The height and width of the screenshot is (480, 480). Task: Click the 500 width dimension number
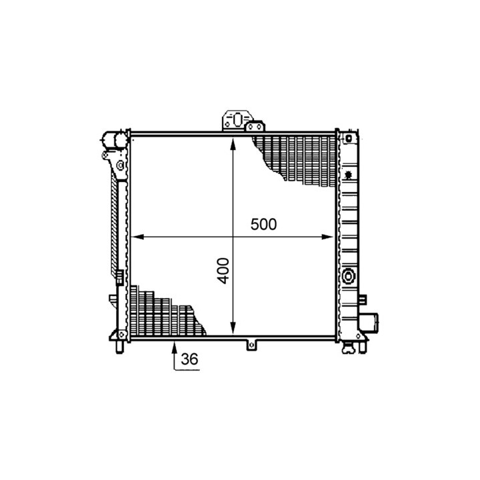[263, 224]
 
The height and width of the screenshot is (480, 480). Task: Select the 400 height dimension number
[224, 271]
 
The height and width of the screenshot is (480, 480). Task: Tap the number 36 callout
[189, 359]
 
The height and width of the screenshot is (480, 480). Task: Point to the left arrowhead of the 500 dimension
[137, 237]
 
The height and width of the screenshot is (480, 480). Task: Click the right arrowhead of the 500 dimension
[327, 237]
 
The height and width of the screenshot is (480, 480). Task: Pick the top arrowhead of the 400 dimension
[233, 143]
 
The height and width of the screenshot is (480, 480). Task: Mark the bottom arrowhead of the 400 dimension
[233, 328]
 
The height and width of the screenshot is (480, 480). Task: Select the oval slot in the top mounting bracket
[237, 119]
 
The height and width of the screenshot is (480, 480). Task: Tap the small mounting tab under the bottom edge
[251, 345]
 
